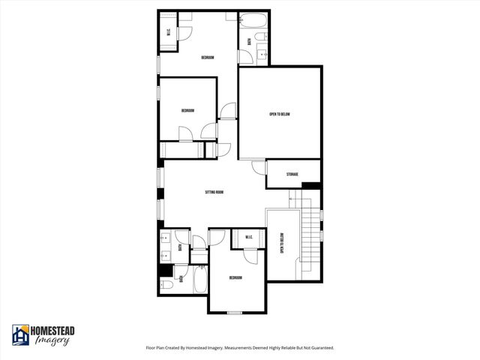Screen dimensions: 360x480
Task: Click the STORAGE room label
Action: (x=292, y=175)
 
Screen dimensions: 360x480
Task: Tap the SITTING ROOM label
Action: (x=214, y=192)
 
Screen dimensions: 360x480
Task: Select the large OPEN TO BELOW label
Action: (x=280, y=114)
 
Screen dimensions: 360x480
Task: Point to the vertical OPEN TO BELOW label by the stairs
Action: (x=282, y=244)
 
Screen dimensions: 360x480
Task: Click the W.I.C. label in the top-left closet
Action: (x=169, y=31)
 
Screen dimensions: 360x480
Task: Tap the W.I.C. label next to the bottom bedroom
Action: (x=249, y=238)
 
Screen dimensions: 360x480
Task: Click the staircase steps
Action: (x=306, y=225)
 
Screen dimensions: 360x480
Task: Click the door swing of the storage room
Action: (x=259, y=168)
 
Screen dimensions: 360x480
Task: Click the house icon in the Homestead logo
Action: (x=20, y=335)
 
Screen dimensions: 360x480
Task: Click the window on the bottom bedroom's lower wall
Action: (x=235, y=312)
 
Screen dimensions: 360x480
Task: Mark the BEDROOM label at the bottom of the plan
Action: (x=235, y=277)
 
